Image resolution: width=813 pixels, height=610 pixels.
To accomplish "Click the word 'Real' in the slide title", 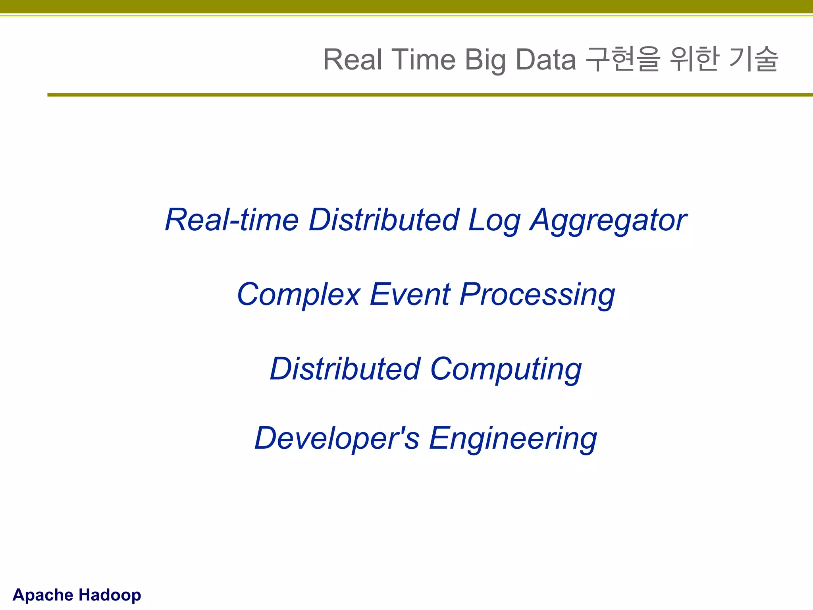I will pos(353,60).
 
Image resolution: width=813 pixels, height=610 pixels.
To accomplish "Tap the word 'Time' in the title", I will pos(424,60).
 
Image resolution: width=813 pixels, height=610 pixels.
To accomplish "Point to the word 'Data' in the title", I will pos(546,60).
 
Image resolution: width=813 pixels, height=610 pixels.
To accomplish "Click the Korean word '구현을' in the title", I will pos(623,60).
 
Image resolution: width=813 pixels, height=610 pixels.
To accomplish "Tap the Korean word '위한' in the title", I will pos(694,60).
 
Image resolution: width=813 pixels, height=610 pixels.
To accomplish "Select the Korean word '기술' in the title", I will pos(754,60).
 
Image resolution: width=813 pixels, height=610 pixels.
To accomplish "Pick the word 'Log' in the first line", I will pos(494,221).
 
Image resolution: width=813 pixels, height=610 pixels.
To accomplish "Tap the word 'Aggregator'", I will pos(608,221).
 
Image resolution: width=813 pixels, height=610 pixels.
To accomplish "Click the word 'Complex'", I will pos(299,295).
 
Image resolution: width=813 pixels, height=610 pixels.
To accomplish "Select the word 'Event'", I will pos(410,294).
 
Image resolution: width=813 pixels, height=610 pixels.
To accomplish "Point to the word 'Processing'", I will pos(537,295).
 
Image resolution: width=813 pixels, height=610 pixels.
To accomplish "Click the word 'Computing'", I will pos(506,370).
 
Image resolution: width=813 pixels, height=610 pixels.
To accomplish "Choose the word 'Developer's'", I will pos(337,438).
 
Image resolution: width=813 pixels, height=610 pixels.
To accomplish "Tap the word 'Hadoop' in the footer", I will pos(110,595).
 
